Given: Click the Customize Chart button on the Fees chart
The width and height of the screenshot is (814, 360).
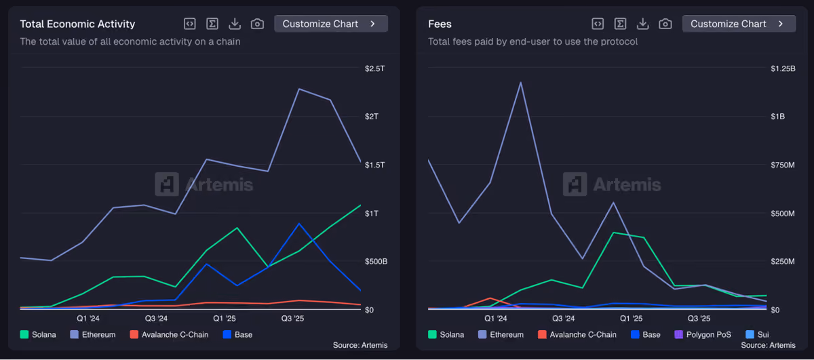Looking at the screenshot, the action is [739, 24].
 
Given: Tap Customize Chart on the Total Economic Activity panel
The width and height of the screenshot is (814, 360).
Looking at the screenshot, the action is [331, 24].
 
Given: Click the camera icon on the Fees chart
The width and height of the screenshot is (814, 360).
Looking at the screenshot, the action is [665, 24].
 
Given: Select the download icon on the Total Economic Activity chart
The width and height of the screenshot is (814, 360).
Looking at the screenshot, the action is [235, 24].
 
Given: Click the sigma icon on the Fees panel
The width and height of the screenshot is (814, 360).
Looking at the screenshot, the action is [620, 24].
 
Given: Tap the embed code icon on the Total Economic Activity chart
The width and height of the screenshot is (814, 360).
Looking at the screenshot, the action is [190, 24].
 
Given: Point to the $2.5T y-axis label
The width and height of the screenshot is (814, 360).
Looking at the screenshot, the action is [374, 68].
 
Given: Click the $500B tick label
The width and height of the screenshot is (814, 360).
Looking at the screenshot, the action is [376, 262].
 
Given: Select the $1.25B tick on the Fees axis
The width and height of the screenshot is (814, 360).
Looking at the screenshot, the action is [783, 68].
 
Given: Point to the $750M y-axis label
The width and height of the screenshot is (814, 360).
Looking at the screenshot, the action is [783, 165].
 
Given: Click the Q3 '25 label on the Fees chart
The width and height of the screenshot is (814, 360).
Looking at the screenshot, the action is [699, 319].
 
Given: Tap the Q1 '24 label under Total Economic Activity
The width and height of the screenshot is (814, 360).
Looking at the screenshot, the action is [88, 319].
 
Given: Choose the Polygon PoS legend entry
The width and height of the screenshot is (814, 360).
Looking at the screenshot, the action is [703, 334].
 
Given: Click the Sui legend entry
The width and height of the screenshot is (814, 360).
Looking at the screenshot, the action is [757, 334].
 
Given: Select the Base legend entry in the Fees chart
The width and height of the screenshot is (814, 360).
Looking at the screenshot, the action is [646, 334].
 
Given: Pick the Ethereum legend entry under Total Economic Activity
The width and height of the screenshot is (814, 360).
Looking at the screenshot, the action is [93, 334].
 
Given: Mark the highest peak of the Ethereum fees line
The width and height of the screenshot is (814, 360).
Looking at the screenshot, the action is [521, 83].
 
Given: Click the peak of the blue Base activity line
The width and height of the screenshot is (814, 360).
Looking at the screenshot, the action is [299, 224].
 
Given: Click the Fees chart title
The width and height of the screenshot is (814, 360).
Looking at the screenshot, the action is [440, 24].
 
